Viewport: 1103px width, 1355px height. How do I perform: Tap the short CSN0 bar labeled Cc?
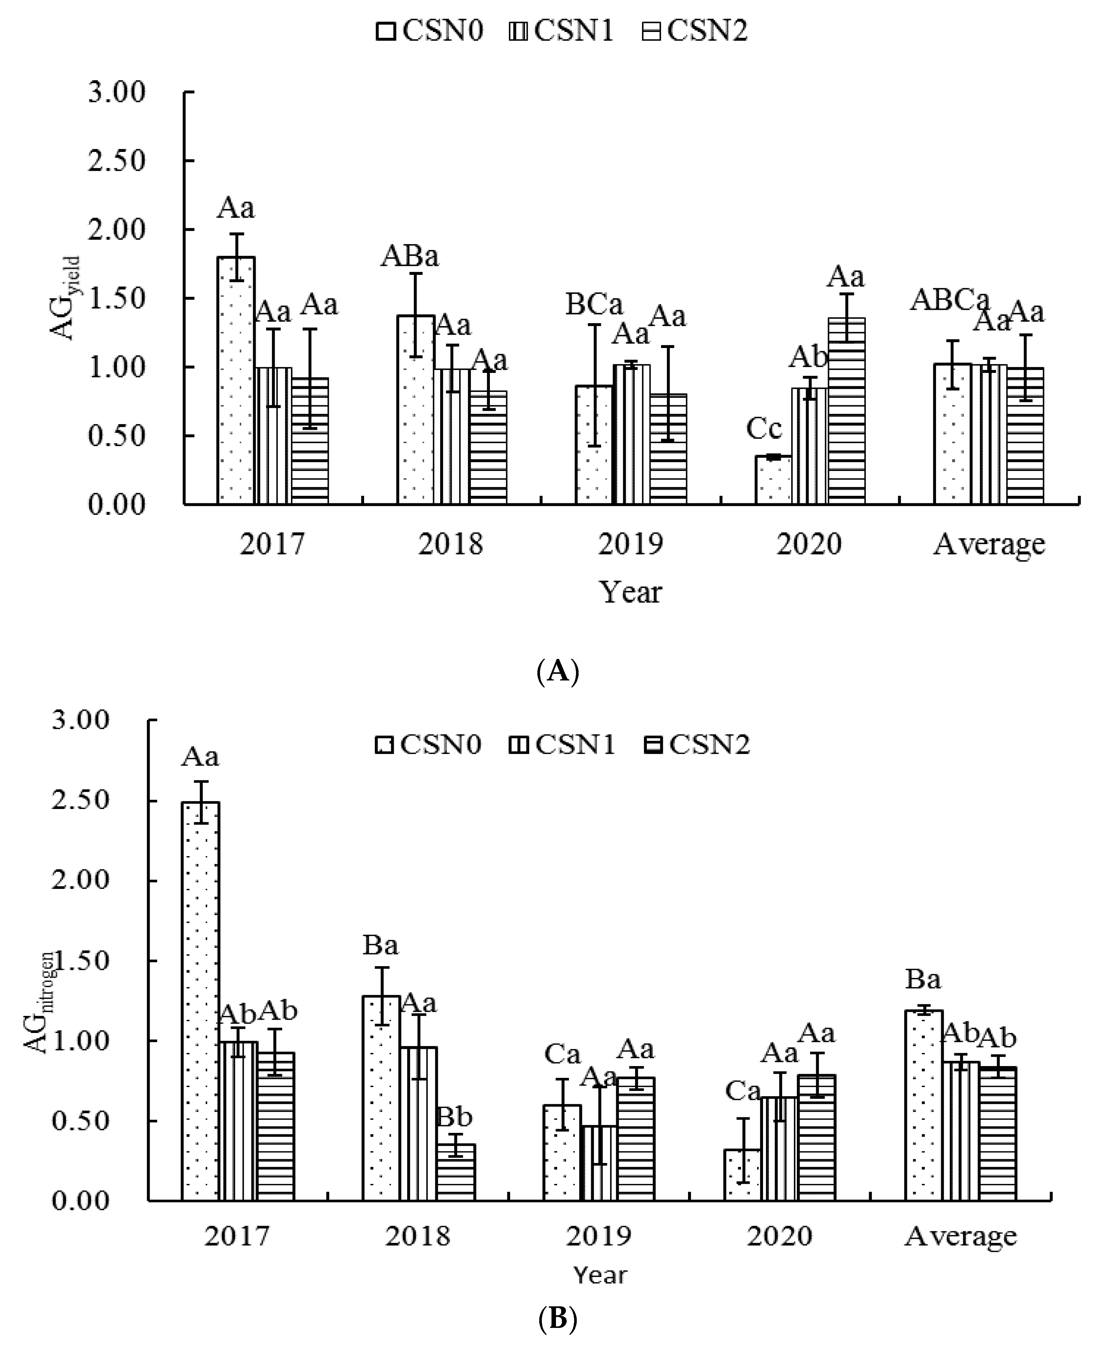coord(773,480)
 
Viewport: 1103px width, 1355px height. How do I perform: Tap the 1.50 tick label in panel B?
coord(81,960)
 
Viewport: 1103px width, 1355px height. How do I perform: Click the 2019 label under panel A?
coord(630,544)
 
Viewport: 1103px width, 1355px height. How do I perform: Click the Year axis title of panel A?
coord(630,592)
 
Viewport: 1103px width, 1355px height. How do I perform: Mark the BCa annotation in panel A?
coord(594,305)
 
